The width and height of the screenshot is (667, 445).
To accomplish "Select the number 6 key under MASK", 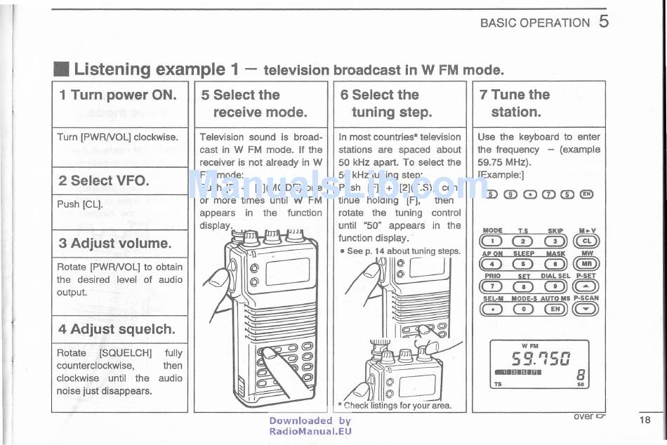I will pos(555,264).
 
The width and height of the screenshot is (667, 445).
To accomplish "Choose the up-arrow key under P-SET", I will pos(587,286).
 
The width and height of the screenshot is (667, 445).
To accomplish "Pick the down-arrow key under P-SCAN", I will pos(587,308).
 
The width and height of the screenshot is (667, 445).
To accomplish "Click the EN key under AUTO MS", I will pos(555,308).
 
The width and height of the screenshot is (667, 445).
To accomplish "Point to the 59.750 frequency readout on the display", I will pos(539,360).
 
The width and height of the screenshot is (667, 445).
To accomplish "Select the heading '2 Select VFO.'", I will pos(103,180).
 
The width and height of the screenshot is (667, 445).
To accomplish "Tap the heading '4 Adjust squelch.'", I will pos(117,328).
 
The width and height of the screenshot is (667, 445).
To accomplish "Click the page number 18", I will pos(645,420).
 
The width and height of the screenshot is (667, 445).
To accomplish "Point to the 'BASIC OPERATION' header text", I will pos(534,22).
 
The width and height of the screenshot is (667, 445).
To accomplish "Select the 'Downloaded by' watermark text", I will pos(310,421).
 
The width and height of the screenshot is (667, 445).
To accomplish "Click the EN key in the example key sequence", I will pos(587,194).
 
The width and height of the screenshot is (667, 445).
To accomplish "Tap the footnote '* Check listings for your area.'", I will pos(394,405).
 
